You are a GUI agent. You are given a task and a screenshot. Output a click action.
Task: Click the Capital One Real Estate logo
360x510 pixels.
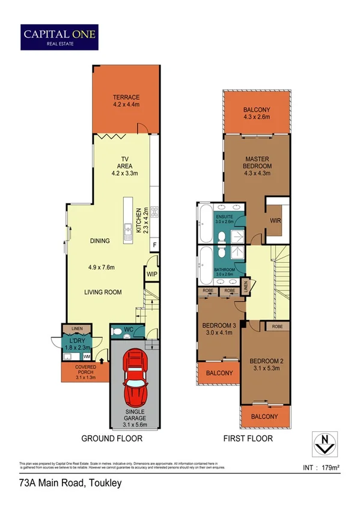click(x=59, y=35)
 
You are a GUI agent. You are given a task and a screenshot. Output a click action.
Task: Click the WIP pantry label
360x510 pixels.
click(x=151, y=273)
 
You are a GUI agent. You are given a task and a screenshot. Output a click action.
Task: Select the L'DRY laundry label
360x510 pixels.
click(x=76, y=342)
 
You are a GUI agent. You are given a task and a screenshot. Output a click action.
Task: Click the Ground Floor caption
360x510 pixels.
click(x=112, y=438)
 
